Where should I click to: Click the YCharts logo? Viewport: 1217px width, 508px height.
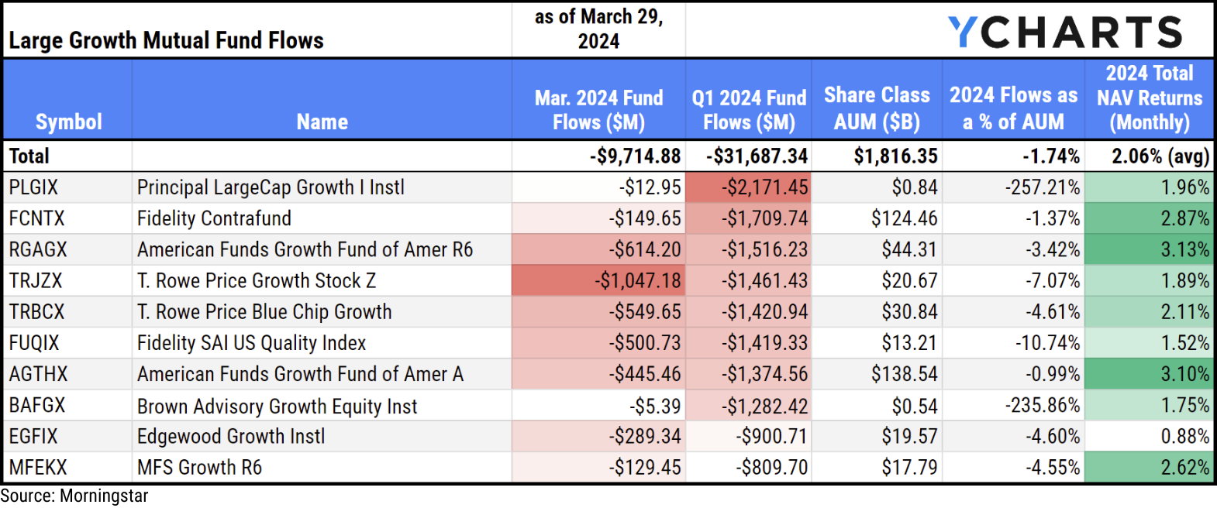[1065, 32]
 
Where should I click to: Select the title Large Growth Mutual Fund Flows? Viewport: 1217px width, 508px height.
[166, 40]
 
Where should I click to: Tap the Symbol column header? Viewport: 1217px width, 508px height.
[68, 122]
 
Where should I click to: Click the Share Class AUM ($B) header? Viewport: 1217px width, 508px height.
[877, 108]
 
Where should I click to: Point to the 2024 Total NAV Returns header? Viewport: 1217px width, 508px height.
[1150, 98]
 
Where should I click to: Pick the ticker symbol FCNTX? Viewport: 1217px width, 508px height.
[37, 218]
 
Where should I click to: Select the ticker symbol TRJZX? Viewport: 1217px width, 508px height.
[36, 280]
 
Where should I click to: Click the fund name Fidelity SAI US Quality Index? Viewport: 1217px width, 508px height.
[251, 342]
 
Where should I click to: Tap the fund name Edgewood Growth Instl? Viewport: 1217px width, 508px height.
[231, 436]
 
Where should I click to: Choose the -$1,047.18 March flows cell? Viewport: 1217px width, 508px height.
[637, 280]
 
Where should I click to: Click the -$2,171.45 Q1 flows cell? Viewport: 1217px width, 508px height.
[764, 187]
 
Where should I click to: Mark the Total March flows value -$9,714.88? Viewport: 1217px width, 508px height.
[635, 156]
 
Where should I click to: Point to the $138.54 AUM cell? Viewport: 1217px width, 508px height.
[904, 374]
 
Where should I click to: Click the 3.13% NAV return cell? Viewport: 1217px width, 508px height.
[1184, 249]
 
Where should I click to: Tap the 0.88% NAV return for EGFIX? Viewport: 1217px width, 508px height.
[1184, 436]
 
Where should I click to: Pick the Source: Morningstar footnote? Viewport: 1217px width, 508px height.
[74, 496]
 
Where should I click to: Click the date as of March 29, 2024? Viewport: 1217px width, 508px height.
[598, 29]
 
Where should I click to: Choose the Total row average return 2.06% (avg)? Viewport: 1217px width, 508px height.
[1160, 156]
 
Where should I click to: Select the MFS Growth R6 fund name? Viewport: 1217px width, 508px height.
[199, 467]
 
